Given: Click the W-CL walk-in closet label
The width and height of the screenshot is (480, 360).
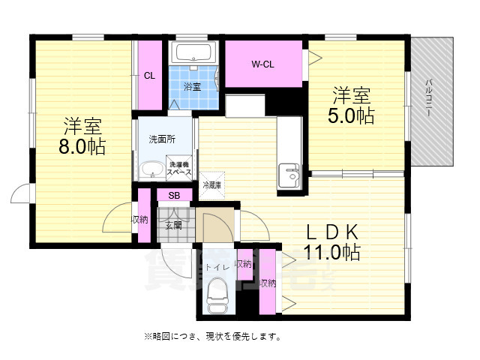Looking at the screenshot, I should tap(262, 64).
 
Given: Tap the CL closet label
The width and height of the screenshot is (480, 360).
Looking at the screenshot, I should tap(150, 75).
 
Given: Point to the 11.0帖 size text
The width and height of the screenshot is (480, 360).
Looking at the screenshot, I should tap(331, 253).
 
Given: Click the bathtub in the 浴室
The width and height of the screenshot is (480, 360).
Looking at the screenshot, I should tap(193, 53).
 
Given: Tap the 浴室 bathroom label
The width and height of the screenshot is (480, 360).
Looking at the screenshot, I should tap(193, 87).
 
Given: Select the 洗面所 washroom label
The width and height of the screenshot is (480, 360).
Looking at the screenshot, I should tap(162, 139).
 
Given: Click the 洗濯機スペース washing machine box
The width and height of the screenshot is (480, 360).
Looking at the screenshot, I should tap(179, 169).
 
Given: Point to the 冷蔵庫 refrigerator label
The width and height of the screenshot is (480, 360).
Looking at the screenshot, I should tap(212, 184).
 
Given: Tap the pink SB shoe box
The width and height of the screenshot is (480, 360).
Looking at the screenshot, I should tap(174, 196).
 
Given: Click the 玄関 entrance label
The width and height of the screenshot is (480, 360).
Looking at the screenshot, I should tap(173, 224).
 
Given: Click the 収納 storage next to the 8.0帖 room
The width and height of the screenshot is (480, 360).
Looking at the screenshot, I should tap(141, 219).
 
